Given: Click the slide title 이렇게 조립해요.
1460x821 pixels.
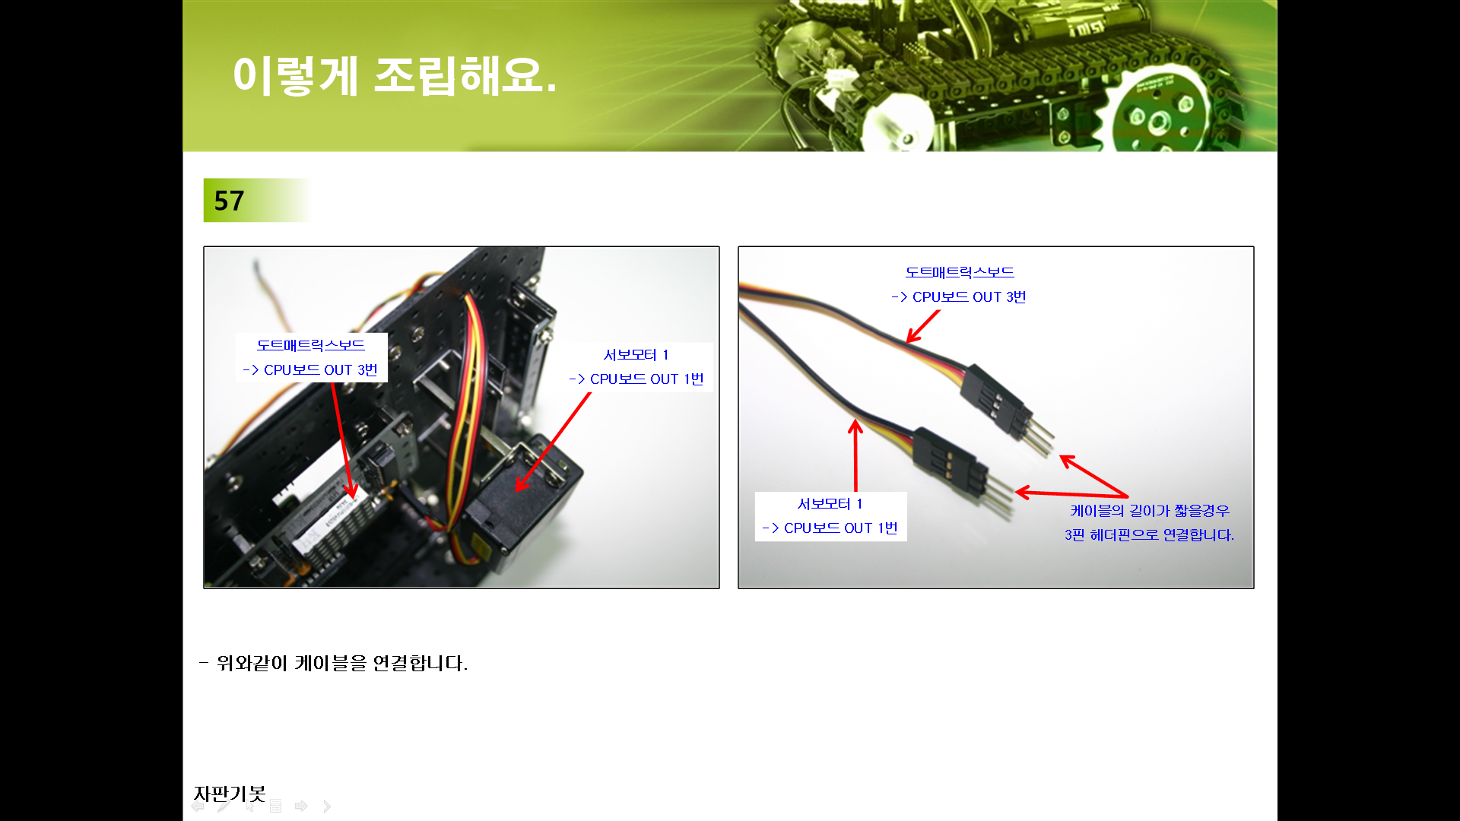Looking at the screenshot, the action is tap(395, 76).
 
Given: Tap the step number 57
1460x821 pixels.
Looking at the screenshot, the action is tap(229, 201).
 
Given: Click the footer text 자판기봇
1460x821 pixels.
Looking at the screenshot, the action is tap(230, 794).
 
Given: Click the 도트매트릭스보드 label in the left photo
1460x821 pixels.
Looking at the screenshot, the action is tap(311, 345).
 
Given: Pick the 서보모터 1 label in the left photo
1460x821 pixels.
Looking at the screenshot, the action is tap(636, 355).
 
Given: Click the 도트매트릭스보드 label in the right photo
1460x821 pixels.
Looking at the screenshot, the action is tap(960, 272).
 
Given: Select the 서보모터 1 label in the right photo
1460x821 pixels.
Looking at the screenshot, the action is tap(830, 504).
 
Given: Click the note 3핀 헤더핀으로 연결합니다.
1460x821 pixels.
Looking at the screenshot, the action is tap(1149, 535).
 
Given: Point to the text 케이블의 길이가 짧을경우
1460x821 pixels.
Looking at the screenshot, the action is tap(1150, 511).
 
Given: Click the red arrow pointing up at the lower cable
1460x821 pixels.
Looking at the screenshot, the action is tap(855, 456).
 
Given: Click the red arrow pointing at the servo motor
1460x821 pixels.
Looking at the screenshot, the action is tap(553, 442).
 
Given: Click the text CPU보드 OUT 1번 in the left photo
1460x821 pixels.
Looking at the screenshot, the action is tap(646, 379).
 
